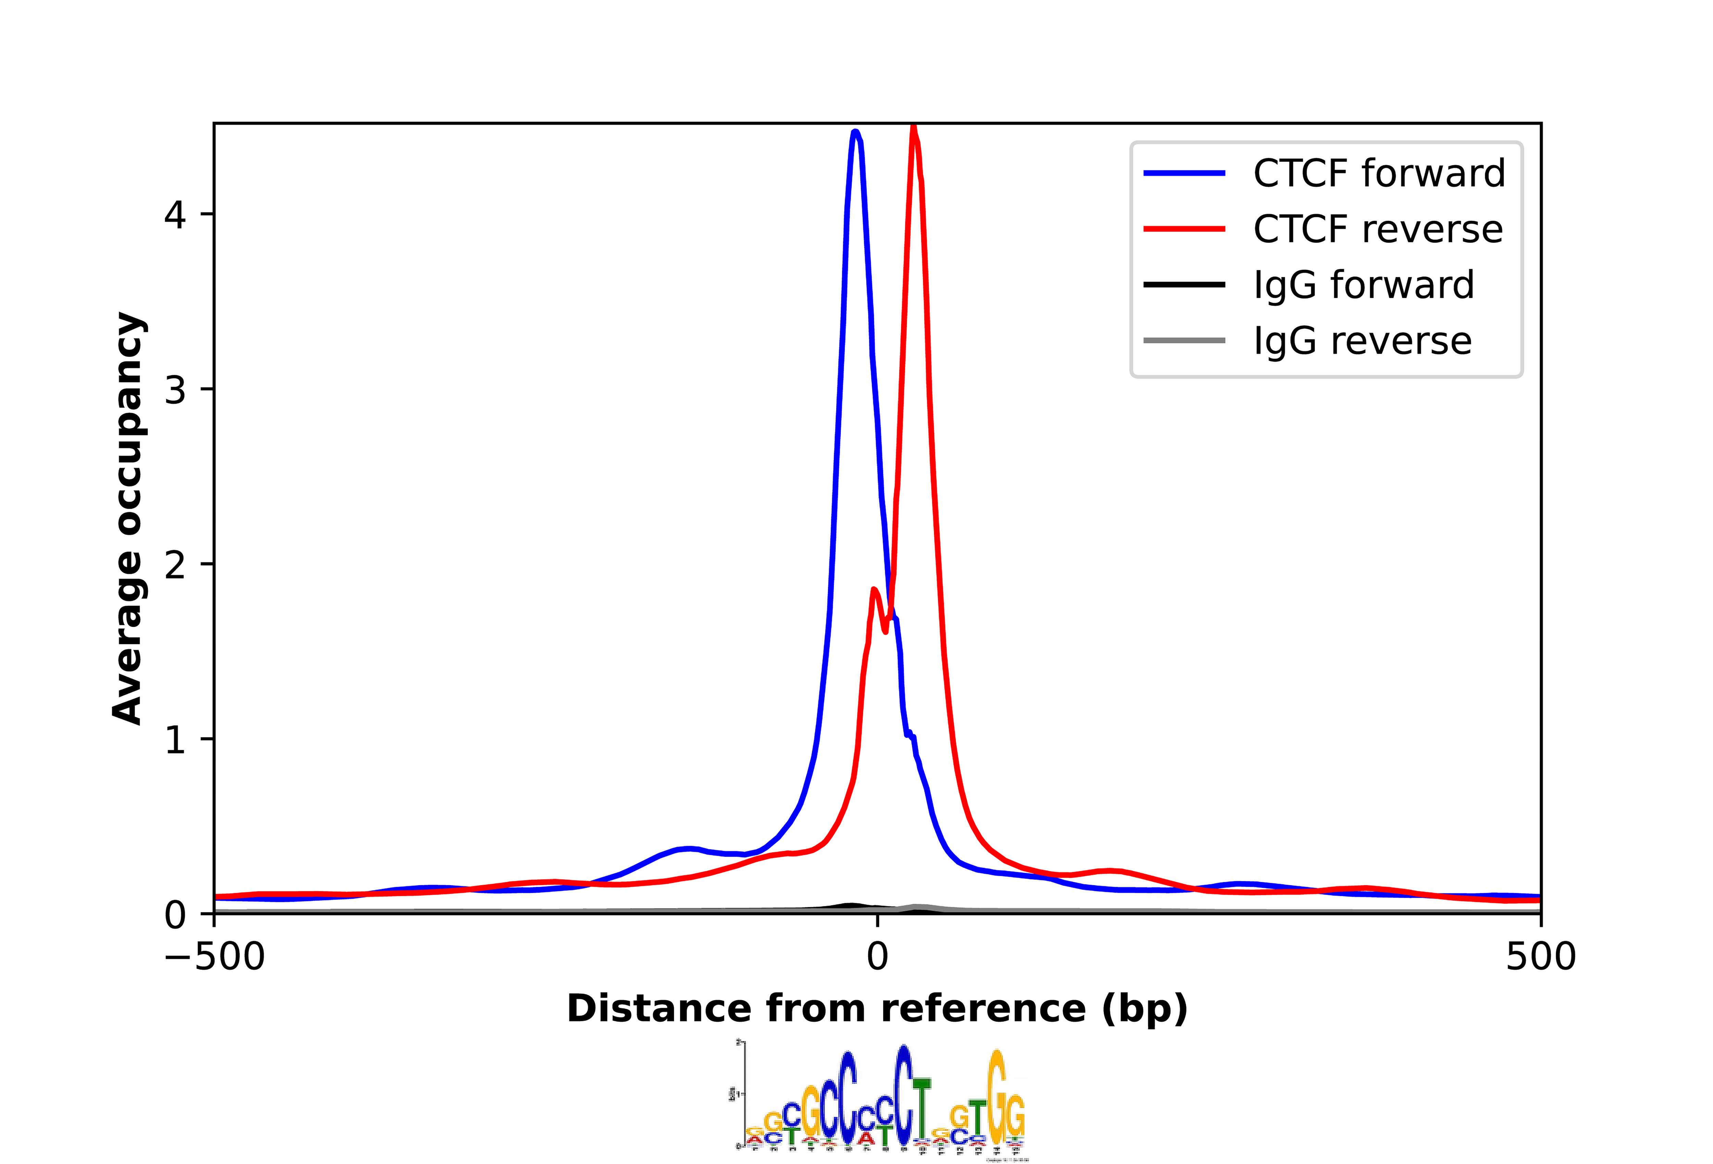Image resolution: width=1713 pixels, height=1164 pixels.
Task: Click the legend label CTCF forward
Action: click(x=1378, y=174)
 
